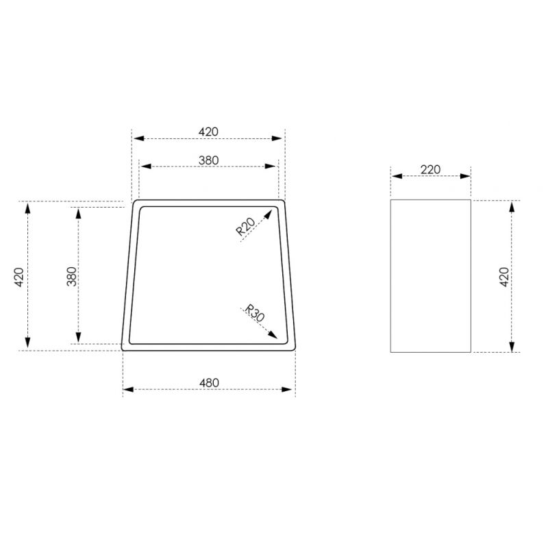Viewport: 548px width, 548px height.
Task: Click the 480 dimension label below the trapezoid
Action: pyautogui.click(x=209, y=383)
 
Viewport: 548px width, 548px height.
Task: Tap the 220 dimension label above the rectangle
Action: pyautogui.click(x=430, y=170)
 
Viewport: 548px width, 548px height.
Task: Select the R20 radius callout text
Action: pyautogui.click(x=246, y=226)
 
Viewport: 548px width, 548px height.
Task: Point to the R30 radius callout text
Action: pyautogui.click(x=254, y=313)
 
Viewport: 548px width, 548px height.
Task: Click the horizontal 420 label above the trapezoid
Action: pyautogui.click(x=208, y=132)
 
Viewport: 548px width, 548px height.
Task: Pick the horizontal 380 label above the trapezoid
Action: pyautogui.click(x=209, y=160)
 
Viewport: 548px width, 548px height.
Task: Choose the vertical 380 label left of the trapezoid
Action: pyautogui.click(x=72, y=277)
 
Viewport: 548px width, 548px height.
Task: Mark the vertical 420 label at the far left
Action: pyautogui.click(x=19, y=277)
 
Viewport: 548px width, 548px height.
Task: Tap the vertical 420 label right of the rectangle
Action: pyautogui.click(x=504, y=277)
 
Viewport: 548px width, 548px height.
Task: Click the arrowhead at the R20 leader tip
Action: pyautogui.click(x=268, y=214)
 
